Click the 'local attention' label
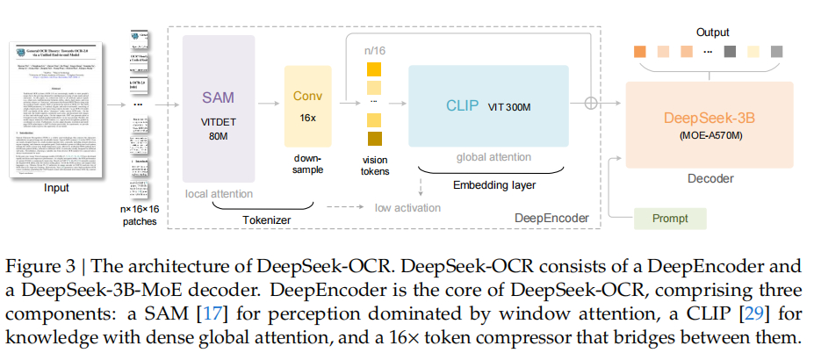(219, 193)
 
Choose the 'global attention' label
(493, 157)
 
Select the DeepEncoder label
(551, 215)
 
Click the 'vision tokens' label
(375, 164)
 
